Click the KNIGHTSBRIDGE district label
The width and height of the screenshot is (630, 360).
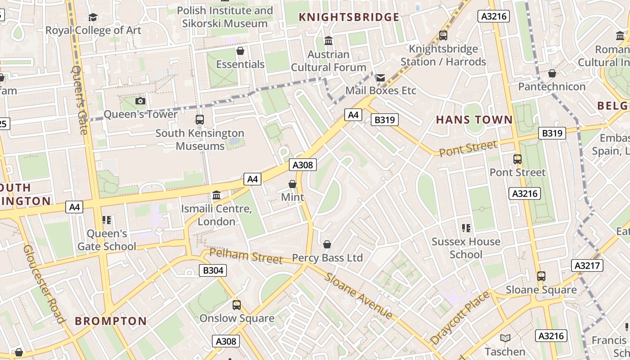coord(349,17)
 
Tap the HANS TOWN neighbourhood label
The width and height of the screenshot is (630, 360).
coord(474,120)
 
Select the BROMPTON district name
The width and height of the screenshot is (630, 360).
coord(111,321)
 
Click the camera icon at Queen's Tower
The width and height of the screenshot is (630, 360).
coord(140,101)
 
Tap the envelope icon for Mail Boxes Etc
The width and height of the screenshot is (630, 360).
coord(381,78)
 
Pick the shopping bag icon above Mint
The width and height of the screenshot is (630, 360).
coord(292,184)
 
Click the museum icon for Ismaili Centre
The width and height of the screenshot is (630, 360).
coord(216,195)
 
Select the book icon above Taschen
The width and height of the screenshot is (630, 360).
coord(505,338)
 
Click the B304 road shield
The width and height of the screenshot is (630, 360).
coord(212,270)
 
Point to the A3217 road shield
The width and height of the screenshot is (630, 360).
coord(587,265)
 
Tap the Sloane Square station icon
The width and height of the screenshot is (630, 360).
coord(541,276)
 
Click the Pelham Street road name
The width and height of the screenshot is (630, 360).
coord(246,256)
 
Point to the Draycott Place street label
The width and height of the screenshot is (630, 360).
coord(459,318)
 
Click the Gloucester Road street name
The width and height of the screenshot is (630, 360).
coord(44,284)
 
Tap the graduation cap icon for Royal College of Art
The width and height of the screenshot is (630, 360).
coord(93,17)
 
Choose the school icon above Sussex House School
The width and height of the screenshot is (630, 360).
coord(466,228)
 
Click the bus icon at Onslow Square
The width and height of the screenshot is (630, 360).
coord(237,305)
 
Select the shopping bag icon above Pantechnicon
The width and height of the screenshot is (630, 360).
coord(552,73)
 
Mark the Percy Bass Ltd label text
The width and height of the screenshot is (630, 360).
coord(327,258)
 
